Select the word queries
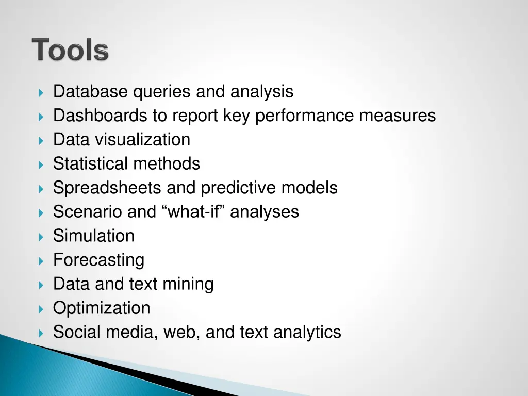pyautogui.click(x=162, y=92)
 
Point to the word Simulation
pyautogui.click(x=94, y=236)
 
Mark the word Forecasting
pyautogui.click(x=98, y=260)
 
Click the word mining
pyautogui.click(x=188, y=284)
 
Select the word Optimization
pyautogui.click(x=102, y=308)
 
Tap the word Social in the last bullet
pyautogui.click(x=77, y=332)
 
